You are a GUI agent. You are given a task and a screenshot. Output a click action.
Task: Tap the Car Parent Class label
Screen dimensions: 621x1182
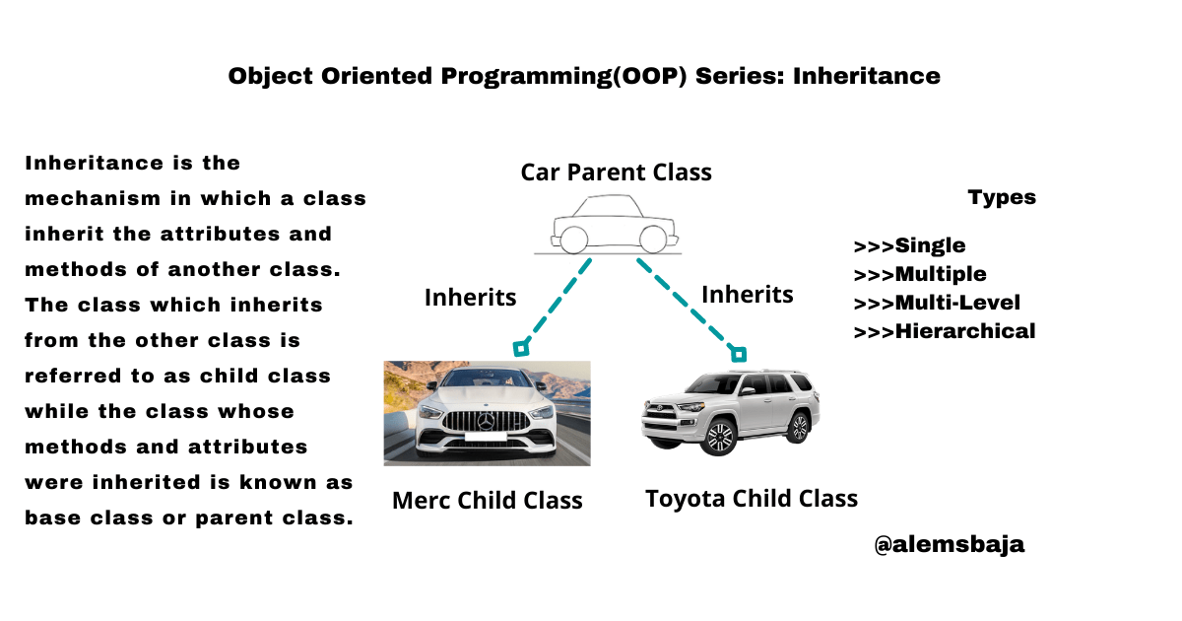[616, 172]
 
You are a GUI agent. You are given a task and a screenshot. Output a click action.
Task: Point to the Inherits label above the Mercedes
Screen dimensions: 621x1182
[470, 296]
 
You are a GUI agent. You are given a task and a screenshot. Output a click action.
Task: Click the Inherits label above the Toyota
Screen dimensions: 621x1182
[747, 294]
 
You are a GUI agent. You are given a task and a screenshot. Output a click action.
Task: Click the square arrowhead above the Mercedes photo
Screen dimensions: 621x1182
[521, 347]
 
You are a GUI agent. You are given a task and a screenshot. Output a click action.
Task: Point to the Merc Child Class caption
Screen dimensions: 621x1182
[487, 500]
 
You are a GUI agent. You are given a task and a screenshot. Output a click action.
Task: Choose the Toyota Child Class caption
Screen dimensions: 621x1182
[751, 499]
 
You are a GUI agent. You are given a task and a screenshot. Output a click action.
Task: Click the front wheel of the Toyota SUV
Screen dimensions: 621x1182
[720, 437]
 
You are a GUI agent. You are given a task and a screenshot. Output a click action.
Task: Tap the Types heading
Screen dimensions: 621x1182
[1002, 197]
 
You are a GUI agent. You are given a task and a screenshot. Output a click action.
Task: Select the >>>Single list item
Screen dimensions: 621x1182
[909, 245]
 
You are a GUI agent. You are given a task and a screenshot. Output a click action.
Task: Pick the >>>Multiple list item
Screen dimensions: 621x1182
[919, 274]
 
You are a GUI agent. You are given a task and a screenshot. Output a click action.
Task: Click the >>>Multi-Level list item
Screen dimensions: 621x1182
[936, 303]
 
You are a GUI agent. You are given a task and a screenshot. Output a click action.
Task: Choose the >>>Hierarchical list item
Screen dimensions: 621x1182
[944, 331]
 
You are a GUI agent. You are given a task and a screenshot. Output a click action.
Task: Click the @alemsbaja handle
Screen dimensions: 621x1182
[949, 544]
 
